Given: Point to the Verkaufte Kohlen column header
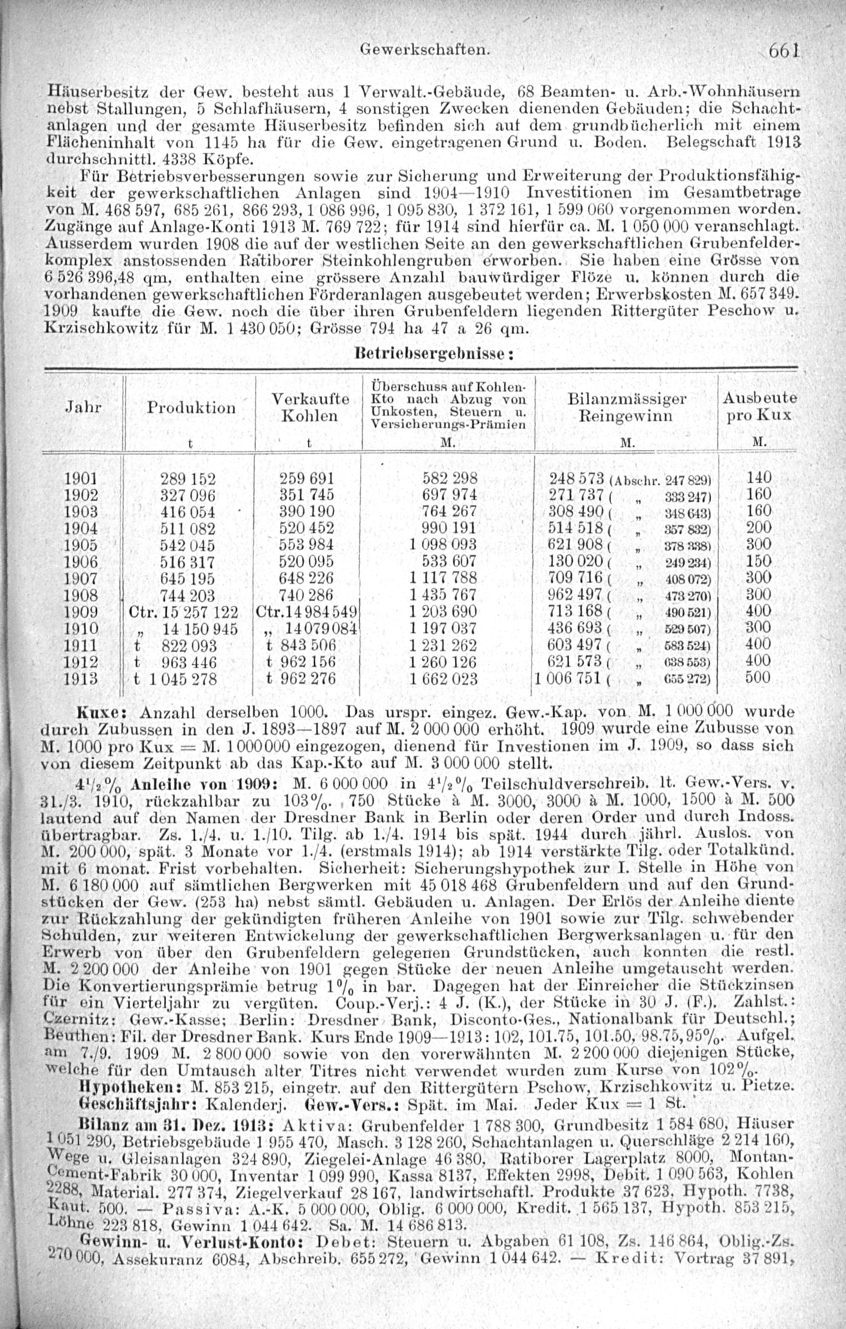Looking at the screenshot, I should (310, 407).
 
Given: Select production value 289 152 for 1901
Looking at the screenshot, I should (188, 478).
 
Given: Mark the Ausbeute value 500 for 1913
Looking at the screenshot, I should (758, 678).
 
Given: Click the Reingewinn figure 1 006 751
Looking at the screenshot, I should (567, 678).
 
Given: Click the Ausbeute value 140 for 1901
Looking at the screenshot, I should (758, 478).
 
